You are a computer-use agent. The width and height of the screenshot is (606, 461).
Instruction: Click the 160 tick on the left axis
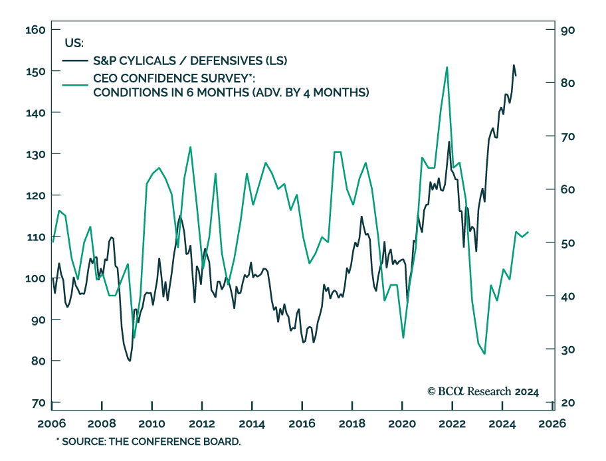tap(34, 30)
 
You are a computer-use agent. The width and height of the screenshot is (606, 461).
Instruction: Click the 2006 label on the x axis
tap(51, 424)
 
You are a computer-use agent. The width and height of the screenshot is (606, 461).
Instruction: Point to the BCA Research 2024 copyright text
tap(482, 391)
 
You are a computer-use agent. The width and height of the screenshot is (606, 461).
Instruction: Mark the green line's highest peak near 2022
tap(447, 66)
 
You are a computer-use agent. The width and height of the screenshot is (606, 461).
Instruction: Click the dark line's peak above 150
tap(513, 65)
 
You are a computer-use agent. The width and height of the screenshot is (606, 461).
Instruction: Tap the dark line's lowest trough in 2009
tap(130, 361)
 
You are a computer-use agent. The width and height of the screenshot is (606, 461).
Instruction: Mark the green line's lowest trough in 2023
tap(484, 353)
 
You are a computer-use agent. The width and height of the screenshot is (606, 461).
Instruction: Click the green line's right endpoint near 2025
tap(528, 232)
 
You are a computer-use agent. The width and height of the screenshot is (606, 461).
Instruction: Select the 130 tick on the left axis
tap(34, 154)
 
